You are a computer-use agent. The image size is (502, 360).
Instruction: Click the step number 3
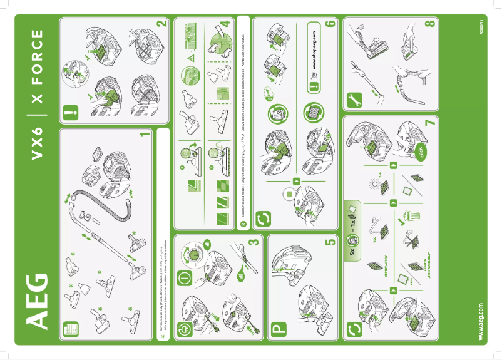pos(253,242)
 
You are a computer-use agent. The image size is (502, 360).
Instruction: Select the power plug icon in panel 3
pos(185,328)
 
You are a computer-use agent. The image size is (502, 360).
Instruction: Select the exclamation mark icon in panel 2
pos(69,115)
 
